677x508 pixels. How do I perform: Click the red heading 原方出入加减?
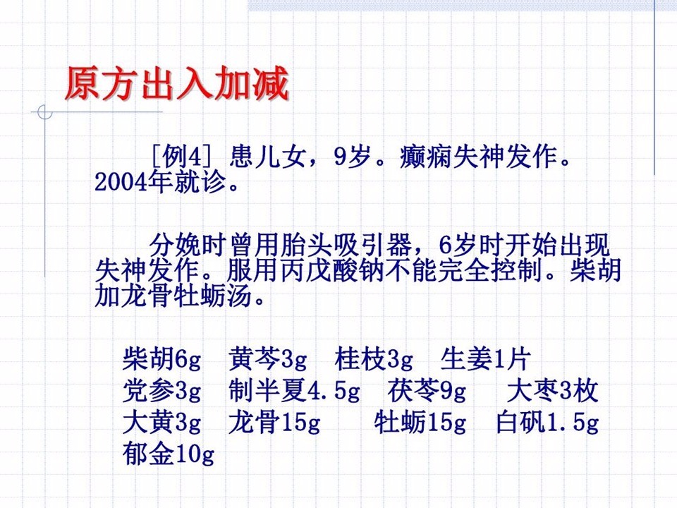[x=176, y=83]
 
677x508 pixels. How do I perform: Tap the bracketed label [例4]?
[x=181, y=157]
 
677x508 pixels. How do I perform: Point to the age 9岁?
[x=353, y=157]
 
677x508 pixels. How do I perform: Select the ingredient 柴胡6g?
[x=162, y=359]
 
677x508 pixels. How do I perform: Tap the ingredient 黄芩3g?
[x=268, y=359]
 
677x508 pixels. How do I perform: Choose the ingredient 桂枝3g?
[x=374, y=359]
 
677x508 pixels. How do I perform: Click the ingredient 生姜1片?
[x=485, y=359]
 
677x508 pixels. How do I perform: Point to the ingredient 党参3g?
[x=162, y=390]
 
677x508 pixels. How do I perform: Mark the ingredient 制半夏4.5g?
[x=294, y=390]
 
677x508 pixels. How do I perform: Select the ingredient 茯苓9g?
[x=427, y=390]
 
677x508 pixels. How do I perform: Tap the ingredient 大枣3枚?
[x=553, y=390]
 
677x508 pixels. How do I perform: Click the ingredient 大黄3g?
[x=162, y=423]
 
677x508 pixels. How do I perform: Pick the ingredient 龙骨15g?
[x=274, y=423]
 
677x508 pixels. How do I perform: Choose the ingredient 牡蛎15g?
[x=420, y=423]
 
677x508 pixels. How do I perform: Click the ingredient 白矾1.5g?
[x=547, y=423]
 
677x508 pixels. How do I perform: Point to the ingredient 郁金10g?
[x=169, y=454]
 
